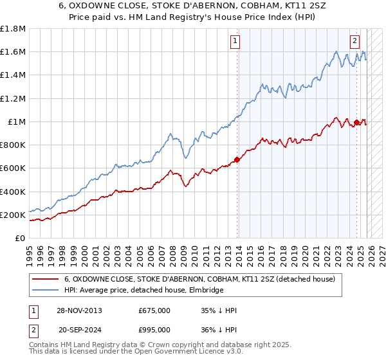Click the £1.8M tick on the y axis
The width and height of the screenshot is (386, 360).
13,29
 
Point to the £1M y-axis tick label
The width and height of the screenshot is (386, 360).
16,122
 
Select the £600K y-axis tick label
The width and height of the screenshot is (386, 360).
13,168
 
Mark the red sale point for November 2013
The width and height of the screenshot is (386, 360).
237,159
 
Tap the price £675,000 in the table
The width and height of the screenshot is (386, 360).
154,310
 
